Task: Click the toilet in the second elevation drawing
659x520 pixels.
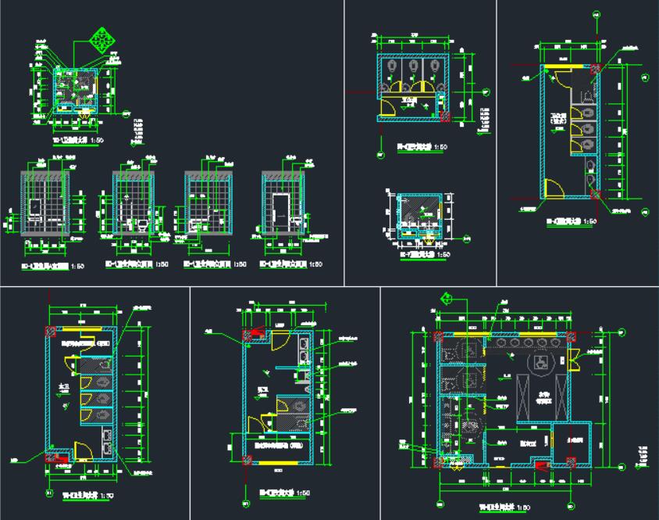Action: click(x=141, y=224)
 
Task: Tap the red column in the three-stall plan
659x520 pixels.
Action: click(x=446, y=117)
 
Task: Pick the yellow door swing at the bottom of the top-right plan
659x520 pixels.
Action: click(x=551, y=188)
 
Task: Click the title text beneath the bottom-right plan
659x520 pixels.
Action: click(x=506, y=507)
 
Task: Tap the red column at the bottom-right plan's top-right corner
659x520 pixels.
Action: click(x=572, y=336)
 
